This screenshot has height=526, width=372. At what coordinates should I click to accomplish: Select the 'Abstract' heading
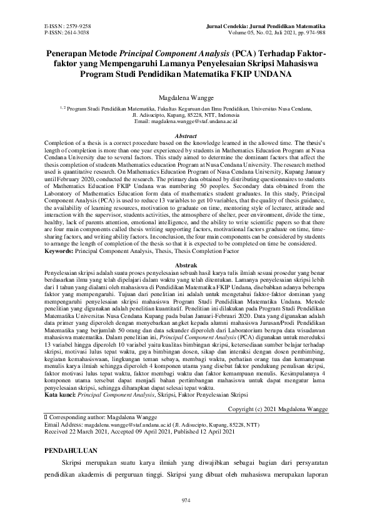pos(186,136)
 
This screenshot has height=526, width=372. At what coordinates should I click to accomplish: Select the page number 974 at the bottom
pos(186,500)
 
